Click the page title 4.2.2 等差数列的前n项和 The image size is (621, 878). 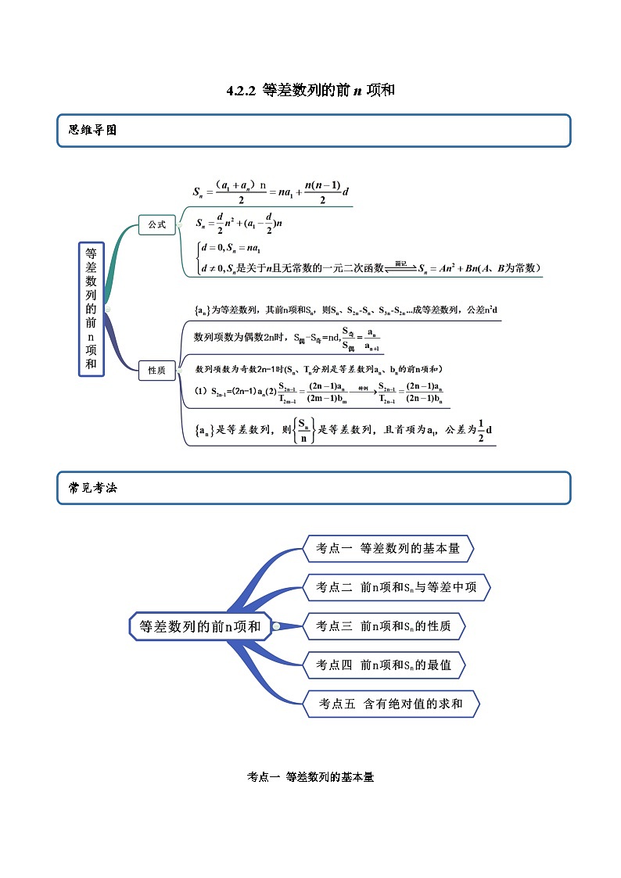310,91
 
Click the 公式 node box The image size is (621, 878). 157,224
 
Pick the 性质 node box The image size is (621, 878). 157,371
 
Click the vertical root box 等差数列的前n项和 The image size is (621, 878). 92,309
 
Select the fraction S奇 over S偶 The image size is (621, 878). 350,339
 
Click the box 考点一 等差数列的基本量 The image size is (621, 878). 388,549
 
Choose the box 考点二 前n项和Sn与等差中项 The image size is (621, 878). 396,587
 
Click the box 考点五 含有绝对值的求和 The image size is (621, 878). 390,704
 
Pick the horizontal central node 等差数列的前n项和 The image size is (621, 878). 200,625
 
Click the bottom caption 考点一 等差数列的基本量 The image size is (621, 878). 310,777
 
